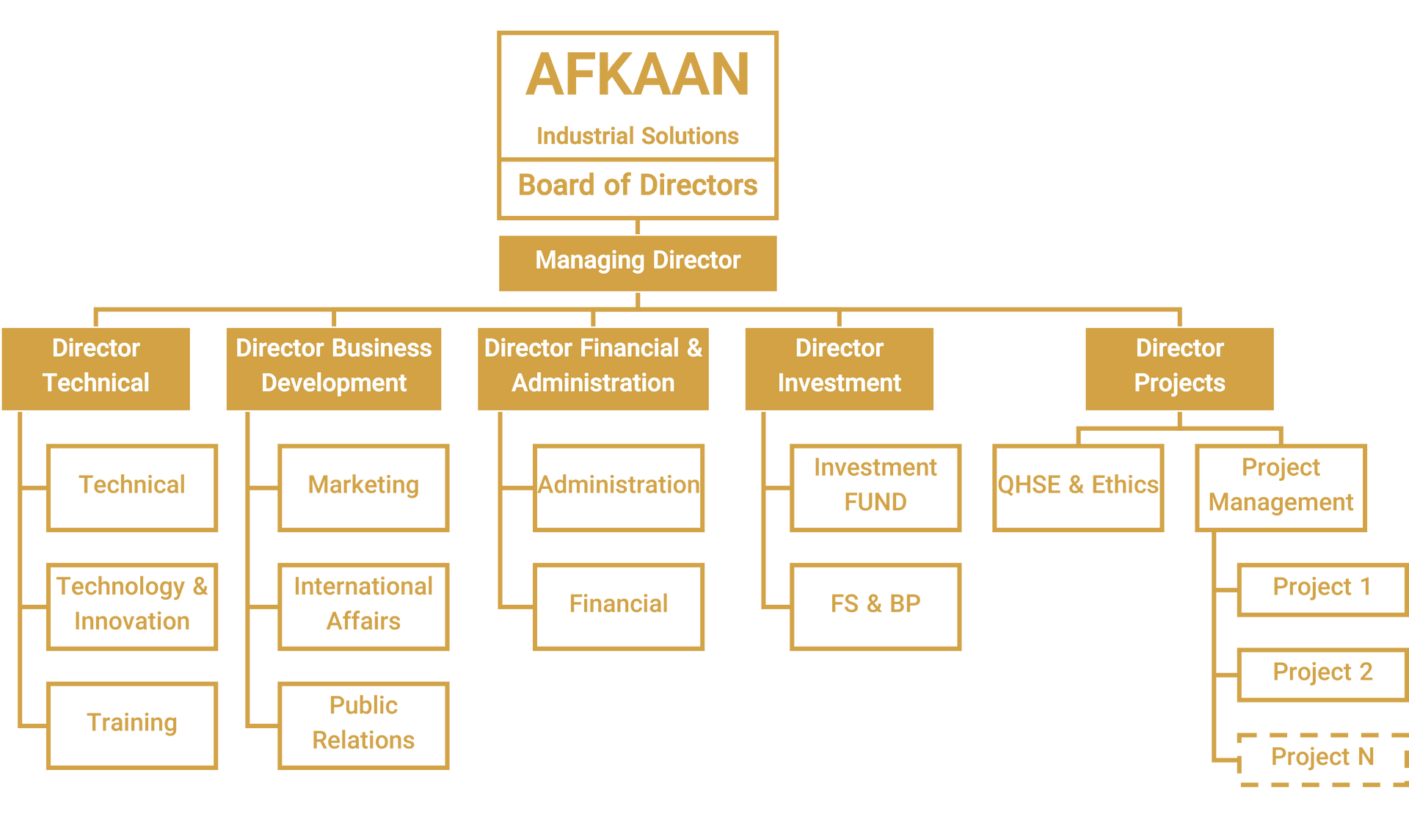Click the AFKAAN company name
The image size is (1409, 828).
(638, 74)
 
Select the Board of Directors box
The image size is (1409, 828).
(638, 187)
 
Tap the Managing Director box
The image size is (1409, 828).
(638, 263)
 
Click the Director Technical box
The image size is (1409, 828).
(96, 368)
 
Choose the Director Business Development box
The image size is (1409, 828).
(334, 368)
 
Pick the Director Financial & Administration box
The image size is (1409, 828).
(593, 368)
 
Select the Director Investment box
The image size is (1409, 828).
(840, 368)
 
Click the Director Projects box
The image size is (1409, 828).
(1179, 368)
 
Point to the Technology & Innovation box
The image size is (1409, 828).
(132, 606)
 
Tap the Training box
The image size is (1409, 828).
(132, 725)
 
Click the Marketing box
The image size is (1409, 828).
(363, 487)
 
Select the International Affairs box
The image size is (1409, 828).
(363, 606)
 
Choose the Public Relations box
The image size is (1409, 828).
(363, 725)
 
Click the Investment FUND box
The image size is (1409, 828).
(875, 487)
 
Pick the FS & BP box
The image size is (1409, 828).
(875, 606)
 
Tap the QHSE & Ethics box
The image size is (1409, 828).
(1078, 487)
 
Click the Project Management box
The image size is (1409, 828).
(1281, 487)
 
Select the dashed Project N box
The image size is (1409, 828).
(1323, 759)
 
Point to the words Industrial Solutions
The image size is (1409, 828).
(638, 136)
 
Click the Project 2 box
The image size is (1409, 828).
(1323, 675)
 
